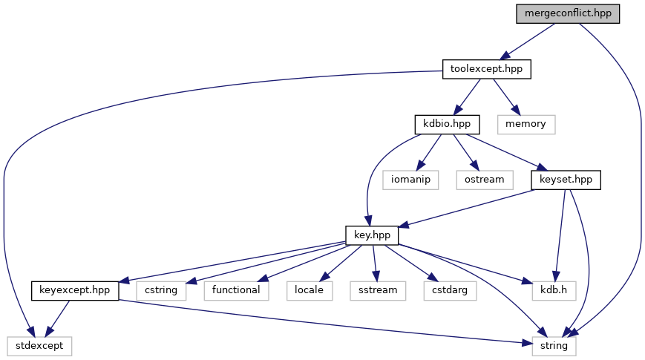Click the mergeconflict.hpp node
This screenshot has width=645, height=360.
click(568, 13)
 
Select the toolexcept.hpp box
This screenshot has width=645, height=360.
click(487, 69)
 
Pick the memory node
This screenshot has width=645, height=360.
click(526, 123)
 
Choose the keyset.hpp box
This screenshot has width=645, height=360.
click(565, 179)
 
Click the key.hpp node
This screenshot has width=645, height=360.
click(373, 235)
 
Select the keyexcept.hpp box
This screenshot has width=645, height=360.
click(75, 289)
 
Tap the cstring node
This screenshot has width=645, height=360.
click(160, 289)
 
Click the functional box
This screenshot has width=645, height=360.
click(235, 289)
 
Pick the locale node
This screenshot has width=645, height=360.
click(309, 289)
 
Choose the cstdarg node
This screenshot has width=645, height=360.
click(449, 289)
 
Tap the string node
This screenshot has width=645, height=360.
click(553, 345)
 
